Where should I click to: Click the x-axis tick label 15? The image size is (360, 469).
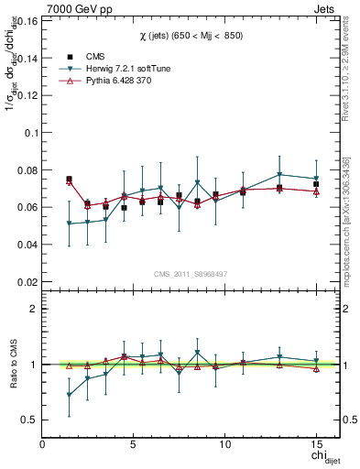316,444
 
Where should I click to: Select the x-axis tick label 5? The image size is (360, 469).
134,444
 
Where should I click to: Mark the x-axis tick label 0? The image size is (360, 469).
42,444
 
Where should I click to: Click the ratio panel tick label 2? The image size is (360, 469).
33,309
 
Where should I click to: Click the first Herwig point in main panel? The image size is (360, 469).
70,224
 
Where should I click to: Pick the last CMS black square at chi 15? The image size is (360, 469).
316,184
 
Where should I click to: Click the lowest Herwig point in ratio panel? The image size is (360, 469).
70,395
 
